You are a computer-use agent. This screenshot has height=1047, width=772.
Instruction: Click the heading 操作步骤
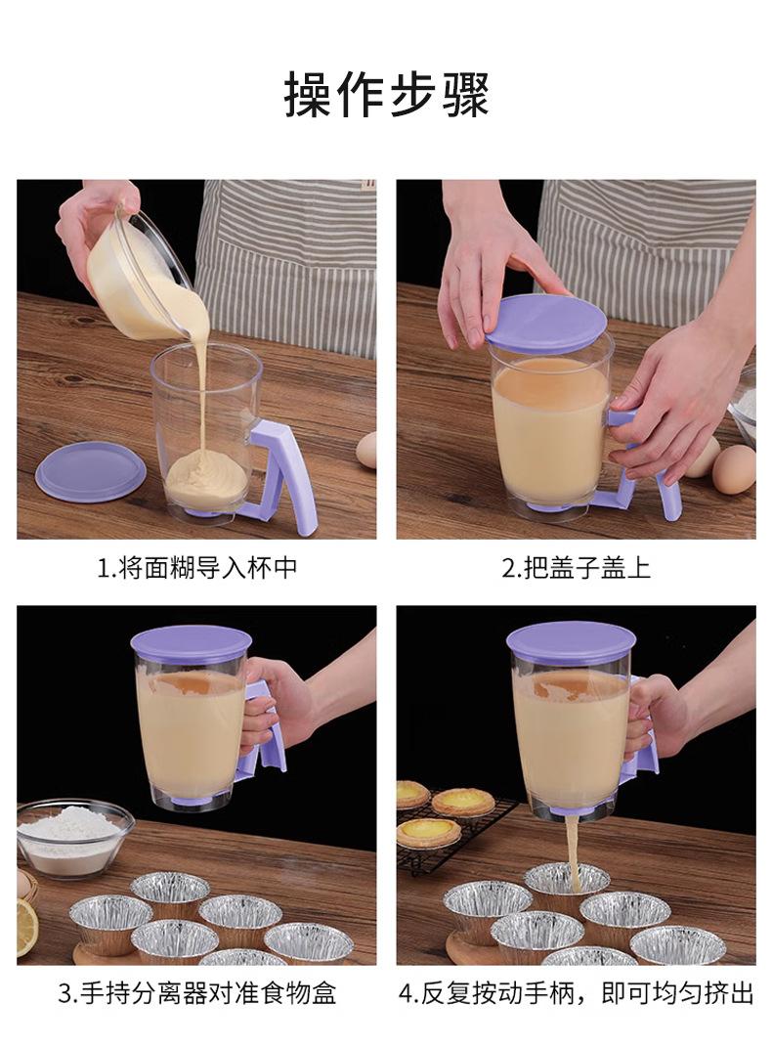tap(386, 95)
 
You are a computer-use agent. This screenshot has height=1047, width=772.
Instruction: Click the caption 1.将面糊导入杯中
tap(196, 568)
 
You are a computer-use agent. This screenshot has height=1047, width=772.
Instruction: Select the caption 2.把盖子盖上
tap(576, 568)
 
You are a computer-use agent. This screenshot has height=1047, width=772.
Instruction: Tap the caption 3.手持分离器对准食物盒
tap(196, 993)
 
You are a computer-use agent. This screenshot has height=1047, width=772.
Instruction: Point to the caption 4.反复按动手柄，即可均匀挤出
tap(576, 993)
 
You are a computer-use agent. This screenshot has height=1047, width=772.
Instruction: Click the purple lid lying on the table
tap(91, 471)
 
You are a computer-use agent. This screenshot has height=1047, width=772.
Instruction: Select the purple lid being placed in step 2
tap(546, 324)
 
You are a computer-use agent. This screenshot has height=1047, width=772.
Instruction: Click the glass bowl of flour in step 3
tap(73, 838)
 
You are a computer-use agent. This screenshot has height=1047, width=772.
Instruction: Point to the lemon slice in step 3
tap(26, 927)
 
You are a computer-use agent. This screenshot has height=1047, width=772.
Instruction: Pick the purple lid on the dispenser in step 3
tap(191, 642)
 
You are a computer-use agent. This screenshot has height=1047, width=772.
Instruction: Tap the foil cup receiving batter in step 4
tap(566, 883)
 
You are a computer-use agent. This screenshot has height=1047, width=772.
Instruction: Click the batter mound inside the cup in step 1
tap(207, 481)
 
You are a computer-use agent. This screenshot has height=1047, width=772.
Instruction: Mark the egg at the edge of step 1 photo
tap(366, 450)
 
